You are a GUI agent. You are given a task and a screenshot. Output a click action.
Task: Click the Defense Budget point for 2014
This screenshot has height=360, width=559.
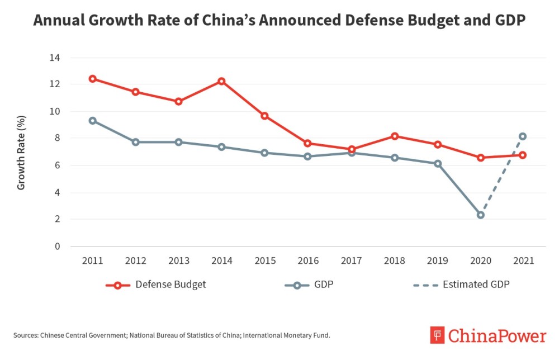(221, 81)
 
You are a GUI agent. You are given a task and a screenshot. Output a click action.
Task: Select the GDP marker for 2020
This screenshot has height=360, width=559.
(480, 215)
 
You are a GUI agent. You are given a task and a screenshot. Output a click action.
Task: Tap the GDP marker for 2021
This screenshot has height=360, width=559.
(523, 136)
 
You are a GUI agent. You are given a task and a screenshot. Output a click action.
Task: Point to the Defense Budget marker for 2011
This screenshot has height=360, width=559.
(92, 78)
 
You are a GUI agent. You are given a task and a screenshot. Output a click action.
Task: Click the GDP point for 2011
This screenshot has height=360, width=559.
(92, 120)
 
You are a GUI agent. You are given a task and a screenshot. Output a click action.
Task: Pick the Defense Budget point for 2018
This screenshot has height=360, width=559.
(394, 136)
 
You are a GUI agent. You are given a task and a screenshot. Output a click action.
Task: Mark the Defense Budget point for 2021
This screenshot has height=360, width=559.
(523, 155)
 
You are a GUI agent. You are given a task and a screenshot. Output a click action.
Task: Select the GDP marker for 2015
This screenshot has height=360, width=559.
(264, 153)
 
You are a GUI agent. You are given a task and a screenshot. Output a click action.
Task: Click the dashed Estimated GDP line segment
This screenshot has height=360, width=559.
(501, 176)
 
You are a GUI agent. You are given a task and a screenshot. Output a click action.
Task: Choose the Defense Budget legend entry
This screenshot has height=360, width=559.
(156, 285)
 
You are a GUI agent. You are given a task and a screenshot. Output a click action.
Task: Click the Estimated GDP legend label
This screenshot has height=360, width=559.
(476, 285)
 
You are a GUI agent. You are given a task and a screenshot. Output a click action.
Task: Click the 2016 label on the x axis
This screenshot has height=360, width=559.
(307, 261)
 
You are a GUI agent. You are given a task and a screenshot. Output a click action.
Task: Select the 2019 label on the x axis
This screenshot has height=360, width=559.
(437, 261)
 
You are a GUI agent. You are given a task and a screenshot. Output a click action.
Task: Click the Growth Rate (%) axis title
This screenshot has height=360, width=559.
(21, 152)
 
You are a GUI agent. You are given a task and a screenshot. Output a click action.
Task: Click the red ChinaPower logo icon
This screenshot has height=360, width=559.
(438, 335)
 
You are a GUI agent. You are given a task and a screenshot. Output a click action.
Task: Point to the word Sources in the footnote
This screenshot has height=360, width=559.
(26, 335)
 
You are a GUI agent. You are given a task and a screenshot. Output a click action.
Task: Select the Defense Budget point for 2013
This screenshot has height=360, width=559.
(178, 101)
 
